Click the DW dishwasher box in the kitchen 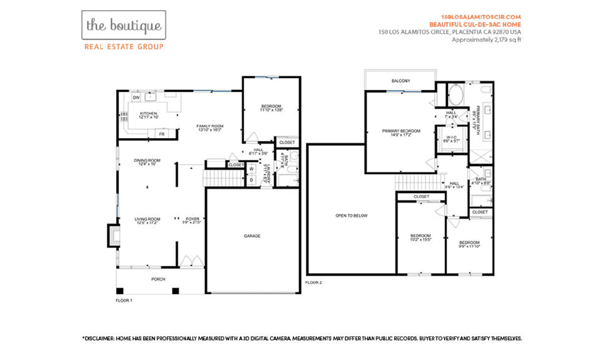tap(136, 98)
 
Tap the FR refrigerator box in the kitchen tap(162, 134)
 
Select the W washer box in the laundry tap(252, 169)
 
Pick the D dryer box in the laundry tap(252, 180)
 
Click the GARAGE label tap(252, 236)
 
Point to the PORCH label tap(158, 279)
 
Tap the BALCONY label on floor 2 tap(401, 81)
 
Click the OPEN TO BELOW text tap(351, 216)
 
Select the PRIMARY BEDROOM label tap(401, 131)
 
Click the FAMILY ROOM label tap(209, 126)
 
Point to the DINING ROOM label tap(147, 161)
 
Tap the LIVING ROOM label tap(147, 219)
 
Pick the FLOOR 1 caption tap(124, 301)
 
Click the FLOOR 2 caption tap(313, 282)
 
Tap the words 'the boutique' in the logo tap(123, 25)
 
